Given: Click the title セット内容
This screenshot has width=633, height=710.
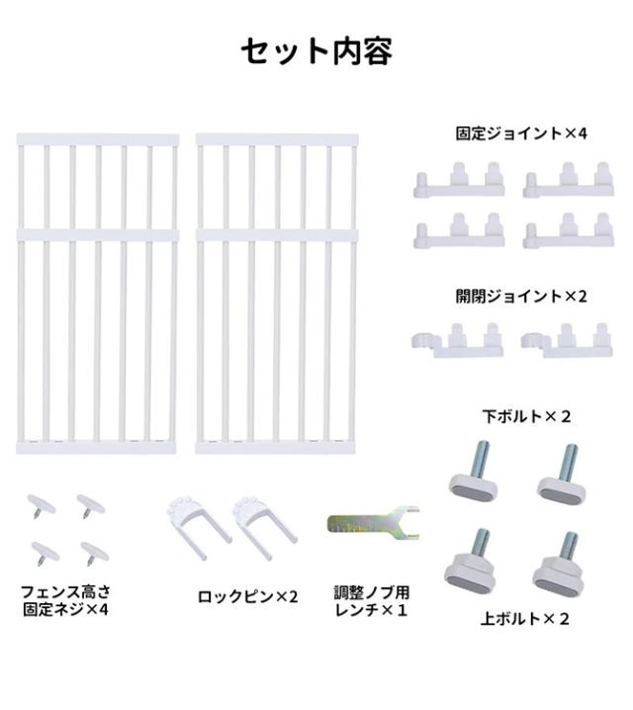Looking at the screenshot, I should click(x=316, y=51).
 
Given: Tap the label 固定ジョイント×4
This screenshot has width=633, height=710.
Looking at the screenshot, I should click(x=521, y=133).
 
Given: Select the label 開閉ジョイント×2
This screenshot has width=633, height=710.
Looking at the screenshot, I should click(x=521, y=296).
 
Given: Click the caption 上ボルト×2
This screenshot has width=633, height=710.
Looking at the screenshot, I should click(x=525, y=620).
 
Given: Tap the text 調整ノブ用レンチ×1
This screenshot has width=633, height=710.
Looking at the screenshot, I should click(x=371, y=601).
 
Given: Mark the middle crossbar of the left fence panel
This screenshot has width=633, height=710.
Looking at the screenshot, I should click(x=98, y=235).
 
